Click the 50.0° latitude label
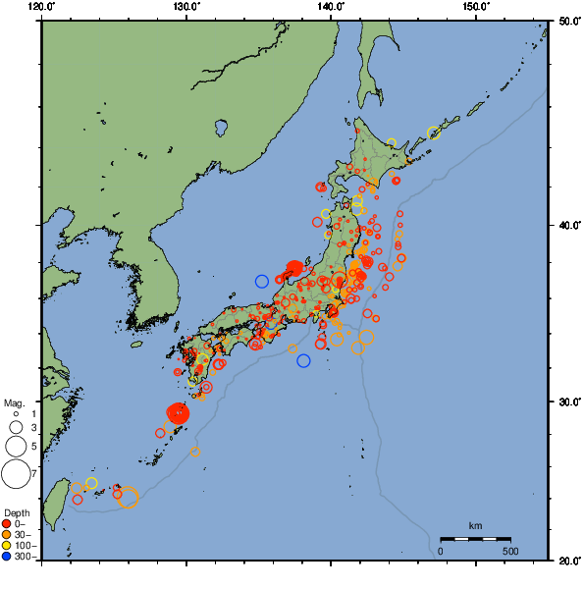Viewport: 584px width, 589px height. coord(567,20)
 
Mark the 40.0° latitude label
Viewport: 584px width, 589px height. coord(567,225)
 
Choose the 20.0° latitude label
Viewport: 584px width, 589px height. coord(567,561)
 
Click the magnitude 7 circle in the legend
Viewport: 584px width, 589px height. coord(15,474)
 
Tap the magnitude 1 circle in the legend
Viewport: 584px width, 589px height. coord(15,414)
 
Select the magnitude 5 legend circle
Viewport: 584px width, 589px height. coord(15,447)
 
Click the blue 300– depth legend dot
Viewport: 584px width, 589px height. coord(7,557)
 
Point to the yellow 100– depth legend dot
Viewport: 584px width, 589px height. coord(7,545)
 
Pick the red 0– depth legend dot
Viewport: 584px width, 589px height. coord(7,523)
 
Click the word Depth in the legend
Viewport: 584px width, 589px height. coord(17,512)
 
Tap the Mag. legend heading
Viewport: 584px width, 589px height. coord(14,402)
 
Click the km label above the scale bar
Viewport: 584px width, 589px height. coord(475,525)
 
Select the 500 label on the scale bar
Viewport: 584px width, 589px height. coord(510,551)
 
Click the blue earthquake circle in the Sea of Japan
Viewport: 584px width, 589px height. coord(262,282)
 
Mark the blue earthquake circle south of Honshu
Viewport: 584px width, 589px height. coord(303,360)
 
